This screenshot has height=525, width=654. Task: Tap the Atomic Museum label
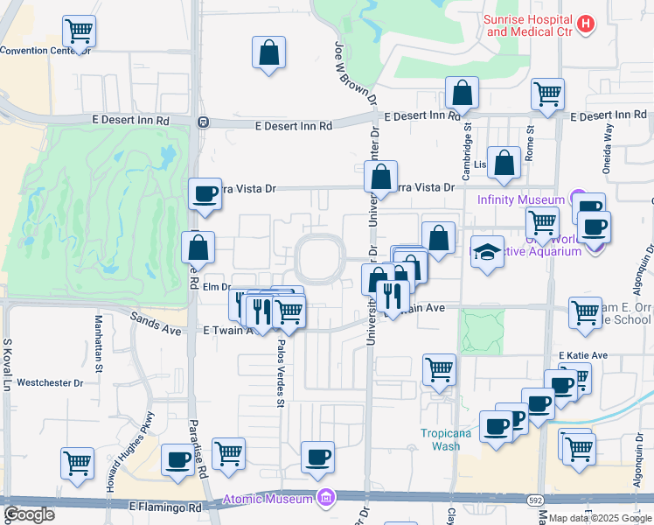coord(267,499)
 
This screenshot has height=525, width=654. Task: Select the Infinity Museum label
coord(521,199)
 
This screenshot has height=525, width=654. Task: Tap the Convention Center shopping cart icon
coord(79,32)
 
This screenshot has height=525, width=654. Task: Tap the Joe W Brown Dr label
coord(343,75)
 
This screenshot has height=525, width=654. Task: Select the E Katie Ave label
coord(582,355)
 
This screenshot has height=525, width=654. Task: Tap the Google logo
coord(28,514)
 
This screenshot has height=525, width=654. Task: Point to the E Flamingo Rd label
coord(165,507)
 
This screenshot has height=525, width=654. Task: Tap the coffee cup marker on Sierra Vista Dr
coord(205,193)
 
